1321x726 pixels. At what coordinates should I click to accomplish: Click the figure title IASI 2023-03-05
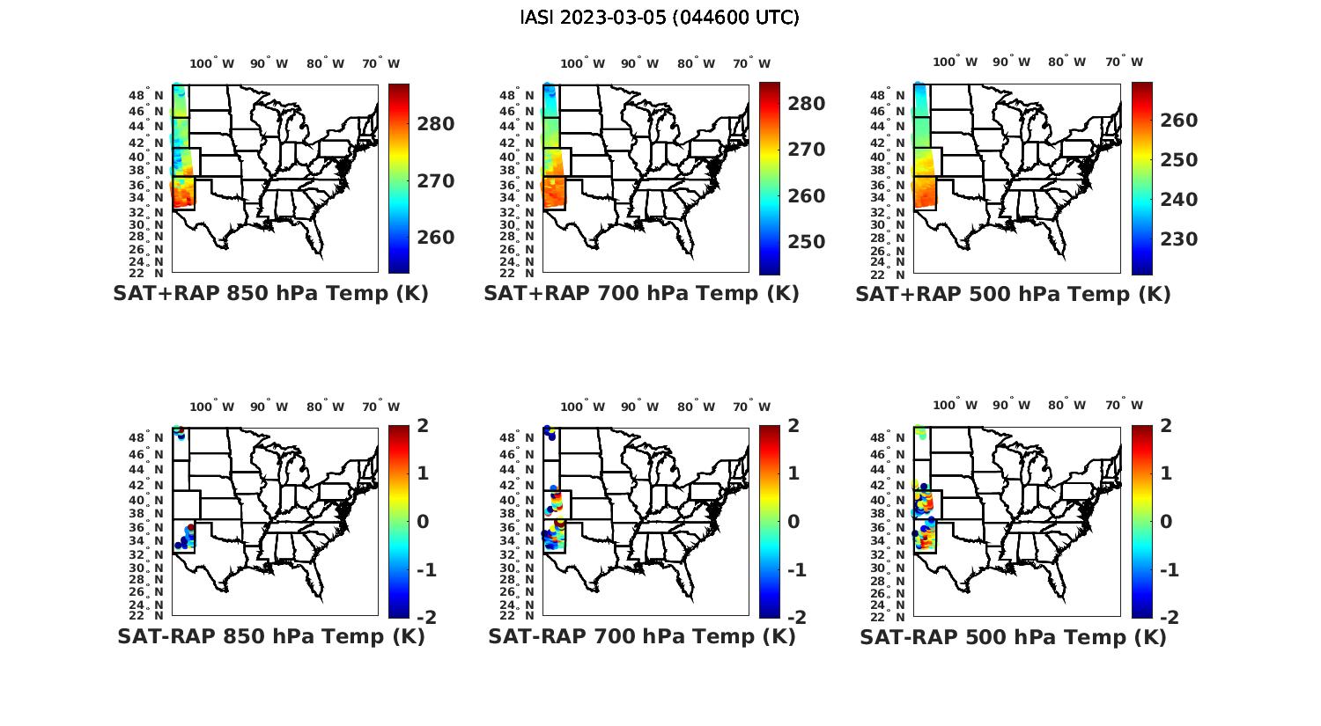(660, 18)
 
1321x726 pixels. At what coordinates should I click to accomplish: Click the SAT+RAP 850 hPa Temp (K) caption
(270, 294)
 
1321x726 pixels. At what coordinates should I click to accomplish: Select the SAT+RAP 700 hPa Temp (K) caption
(641, 294)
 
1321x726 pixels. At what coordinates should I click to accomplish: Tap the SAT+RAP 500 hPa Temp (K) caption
(1013, 294)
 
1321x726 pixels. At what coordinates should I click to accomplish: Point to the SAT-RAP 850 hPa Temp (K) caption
(270, 636)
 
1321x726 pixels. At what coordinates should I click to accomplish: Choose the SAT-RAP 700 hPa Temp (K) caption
(641, 636)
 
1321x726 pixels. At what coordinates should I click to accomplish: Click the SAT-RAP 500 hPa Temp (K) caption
(1013, 636)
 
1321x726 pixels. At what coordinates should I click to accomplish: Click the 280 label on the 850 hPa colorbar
(436, 124)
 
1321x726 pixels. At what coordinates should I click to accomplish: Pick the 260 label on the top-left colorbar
(436, 238)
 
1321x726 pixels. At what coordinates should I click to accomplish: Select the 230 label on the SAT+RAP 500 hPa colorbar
(1178, 239)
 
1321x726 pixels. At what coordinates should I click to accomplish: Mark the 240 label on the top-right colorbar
(1178, 200)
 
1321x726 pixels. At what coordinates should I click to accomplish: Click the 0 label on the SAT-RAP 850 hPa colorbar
(423, 522)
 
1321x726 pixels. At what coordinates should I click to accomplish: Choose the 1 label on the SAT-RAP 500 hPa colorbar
(1166, 473)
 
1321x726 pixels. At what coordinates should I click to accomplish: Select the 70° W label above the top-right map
(1125, 62)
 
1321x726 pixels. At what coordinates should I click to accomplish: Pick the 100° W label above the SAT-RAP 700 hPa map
(582, 407)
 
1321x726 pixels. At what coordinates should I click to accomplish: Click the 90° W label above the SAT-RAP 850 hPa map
(269, 407)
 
